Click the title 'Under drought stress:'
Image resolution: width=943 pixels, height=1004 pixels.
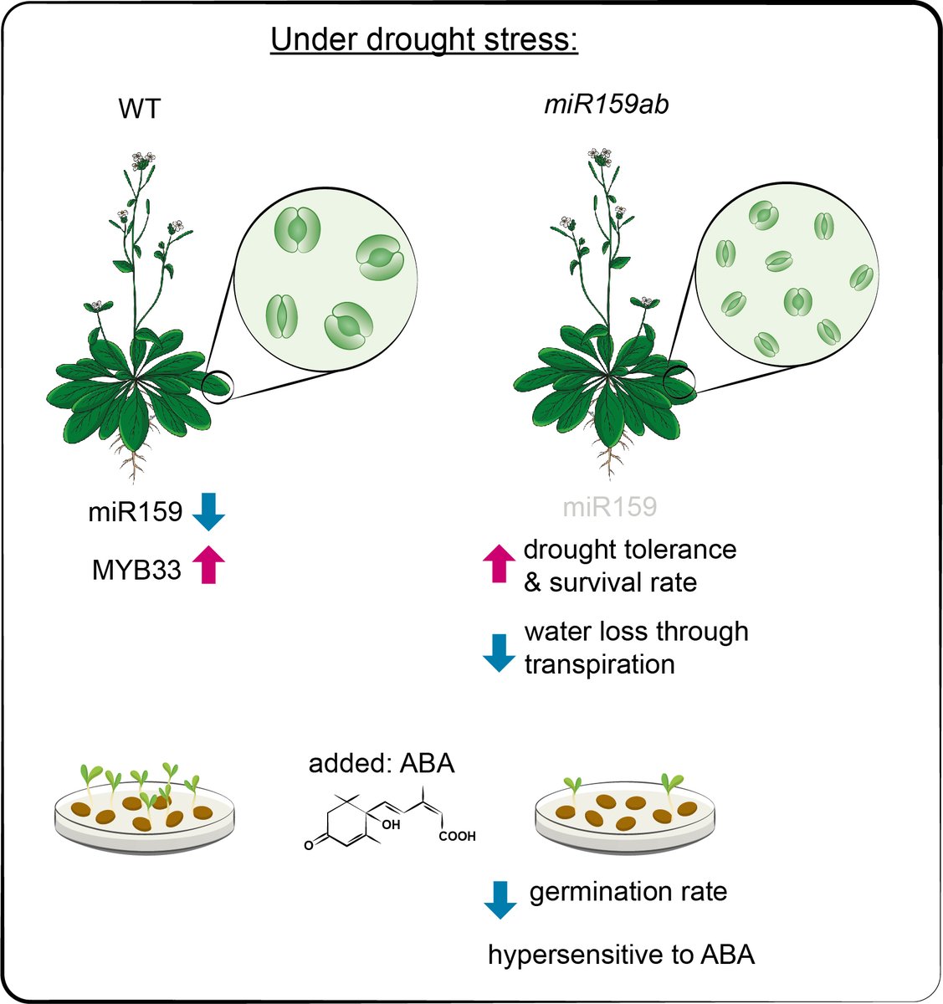[424, 39]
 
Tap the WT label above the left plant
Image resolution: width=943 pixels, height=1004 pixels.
[140, 108]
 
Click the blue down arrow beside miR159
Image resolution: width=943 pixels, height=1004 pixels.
[208, 512]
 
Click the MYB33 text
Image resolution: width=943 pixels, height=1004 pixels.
[136, 571]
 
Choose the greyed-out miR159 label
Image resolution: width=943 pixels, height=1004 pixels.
[610, 507]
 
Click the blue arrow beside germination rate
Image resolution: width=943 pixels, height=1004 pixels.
[500, 899]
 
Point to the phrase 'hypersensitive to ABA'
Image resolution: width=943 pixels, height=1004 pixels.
[621, 955]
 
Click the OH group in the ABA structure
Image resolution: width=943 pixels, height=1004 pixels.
[392, 824]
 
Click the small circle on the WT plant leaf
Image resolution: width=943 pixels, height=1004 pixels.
[218, 388]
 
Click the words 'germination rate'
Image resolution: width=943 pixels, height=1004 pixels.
[628, 892]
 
